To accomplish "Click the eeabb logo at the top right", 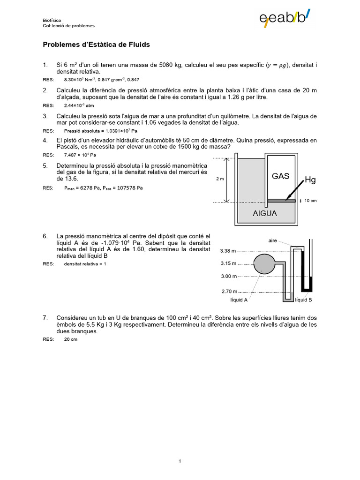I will pos(285,18).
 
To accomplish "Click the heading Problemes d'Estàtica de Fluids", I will pos(96,45).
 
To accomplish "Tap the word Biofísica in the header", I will pos(52,21).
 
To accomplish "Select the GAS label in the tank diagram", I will pos(281,176).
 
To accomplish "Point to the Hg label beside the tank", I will pos(310,180).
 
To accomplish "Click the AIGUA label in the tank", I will pos(265,213).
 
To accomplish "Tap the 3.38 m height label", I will pos(229,250).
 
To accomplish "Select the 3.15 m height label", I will pos(229,263).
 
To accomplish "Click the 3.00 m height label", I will pos(229,277).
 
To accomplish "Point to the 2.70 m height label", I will pos(229,292).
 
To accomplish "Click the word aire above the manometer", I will pos(273,240).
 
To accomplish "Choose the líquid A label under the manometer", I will pos(239,300).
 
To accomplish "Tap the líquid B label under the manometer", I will pos(303,300).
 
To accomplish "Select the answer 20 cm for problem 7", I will pos(70,339).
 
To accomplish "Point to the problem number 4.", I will pos(45,140).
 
